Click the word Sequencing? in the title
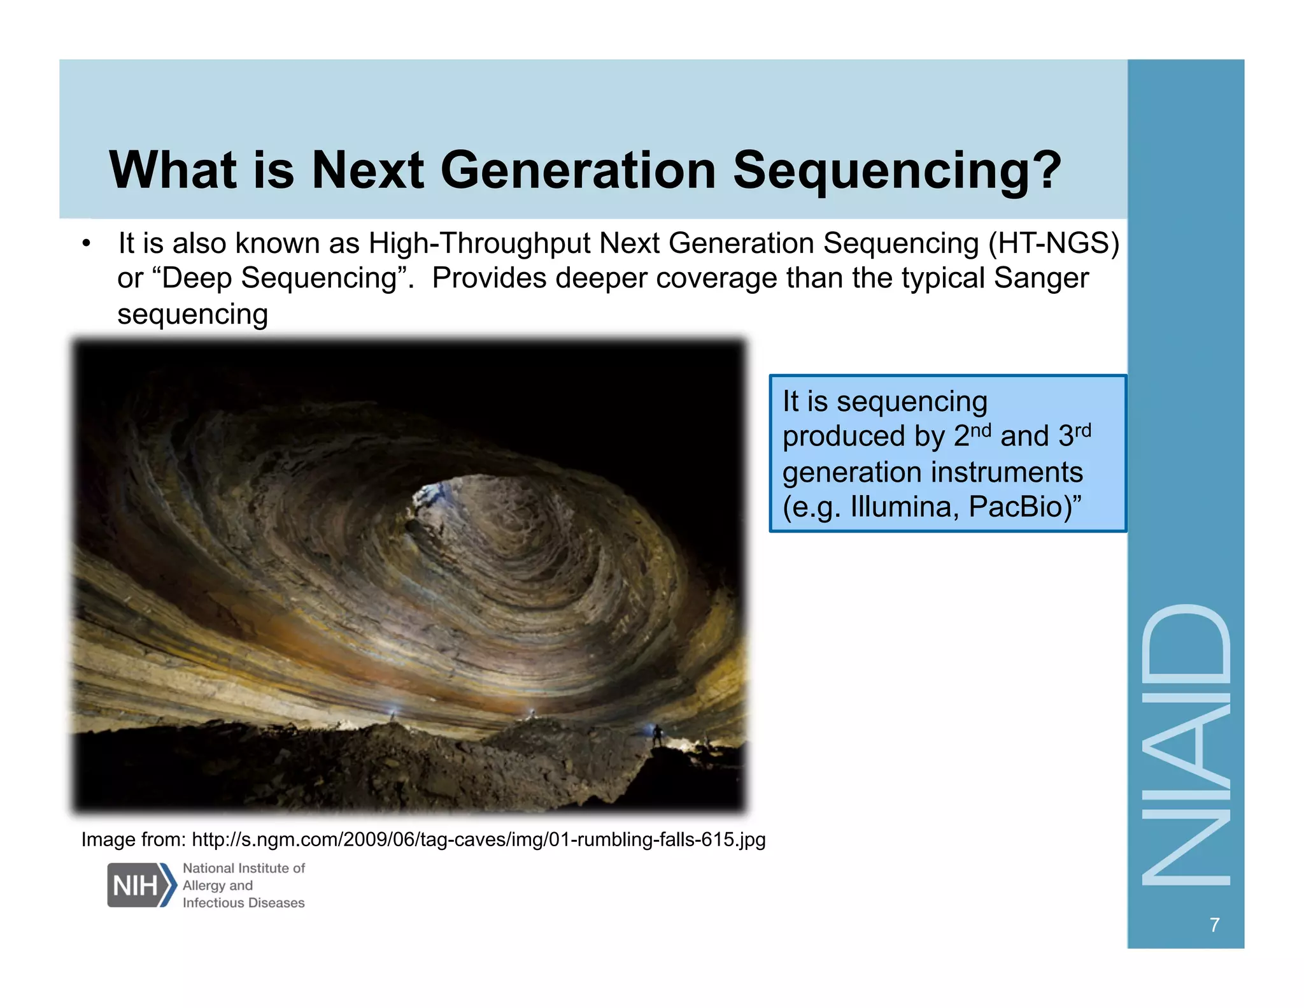(x=896, y=171)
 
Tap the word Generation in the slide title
(x=578, y=171)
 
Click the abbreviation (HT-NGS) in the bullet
(x=1053, y=243)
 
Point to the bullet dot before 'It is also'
(x=87, y=244)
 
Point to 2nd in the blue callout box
(x=972, y=435)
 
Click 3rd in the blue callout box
(x=1075, y=435)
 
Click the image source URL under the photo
(x=478, y=840)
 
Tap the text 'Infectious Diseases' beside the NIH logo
(x=243, y=903)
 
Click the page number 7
(x=1214, y=925)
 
